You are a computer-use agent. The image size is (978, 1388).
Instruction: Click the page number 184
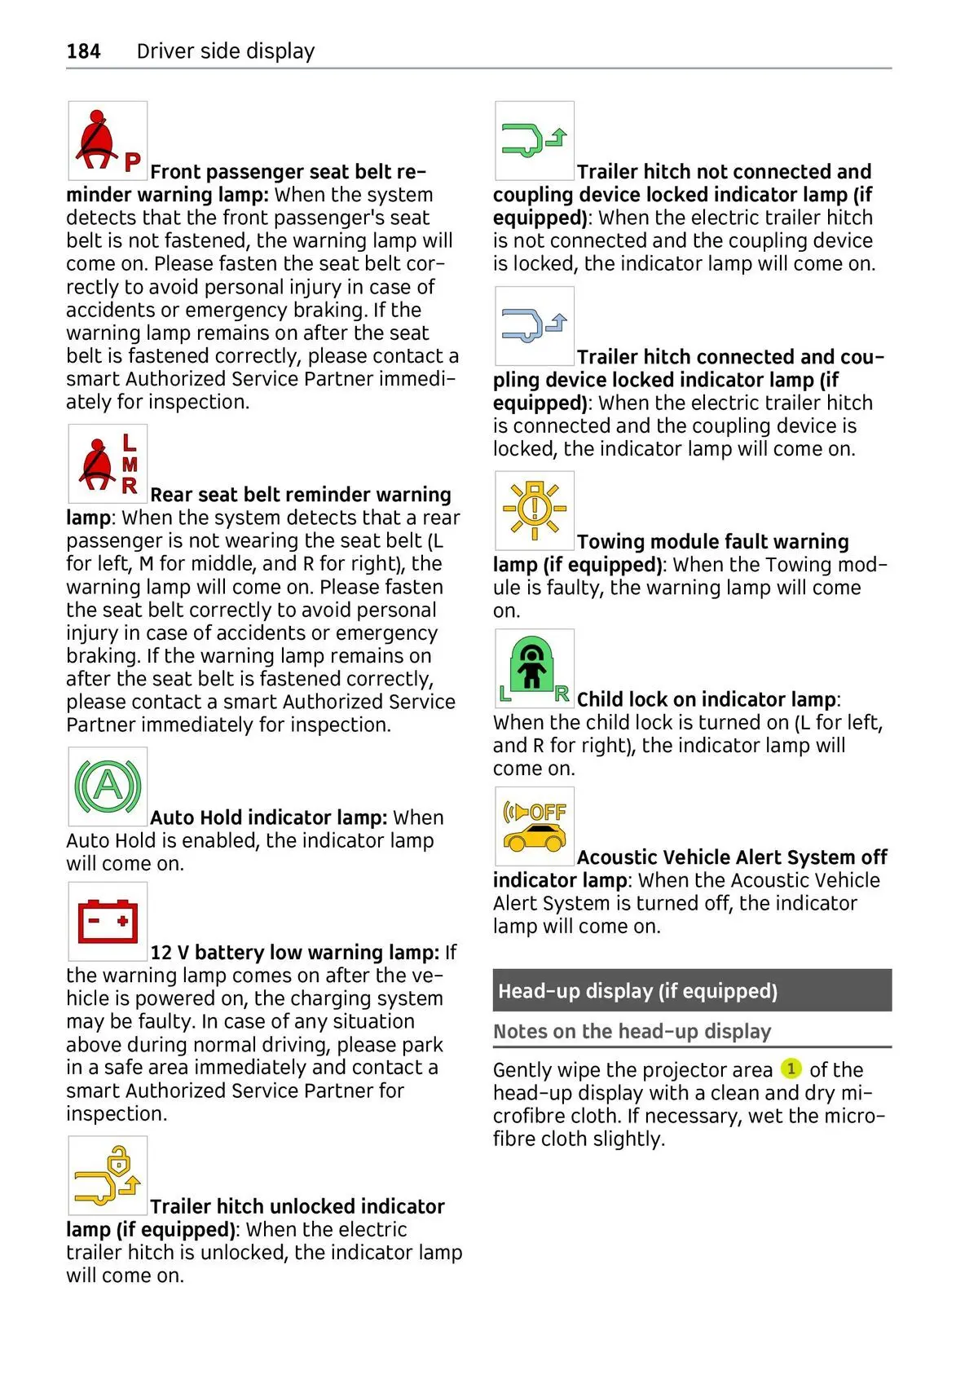pos(83,51)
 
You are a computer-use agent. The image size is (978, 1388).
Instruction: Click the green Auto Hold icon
pos(108,787)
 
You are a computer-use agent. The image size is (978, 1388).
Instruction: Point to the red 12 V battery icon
pos(108,921)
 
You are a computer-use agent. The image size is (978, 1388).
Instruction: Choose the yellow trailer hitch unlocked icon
pos(108,1175)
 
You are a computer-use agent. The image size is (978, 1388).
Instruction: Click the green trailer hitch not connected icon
pos(534,140)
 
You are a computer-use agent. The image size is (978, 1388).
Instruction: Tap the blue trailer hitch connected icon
pos(534,325)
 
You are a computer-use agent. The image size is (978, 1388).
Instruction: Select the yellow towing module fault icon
pos(534,510)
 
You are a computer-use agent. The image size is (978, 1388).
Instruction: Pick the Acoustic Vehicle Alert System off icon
pos(534,826)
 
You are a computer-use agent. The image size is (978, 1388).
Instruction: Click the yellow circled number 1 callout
pos(791,1069)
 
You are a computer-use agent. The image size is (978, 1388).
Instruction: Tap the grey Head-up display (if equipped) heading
pos(637,991)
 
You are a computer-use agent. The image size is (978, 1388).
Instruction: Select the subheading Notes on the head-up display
pos(632,1031)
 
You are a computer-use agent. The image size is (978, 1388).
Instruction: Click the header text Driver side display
pos(226,51)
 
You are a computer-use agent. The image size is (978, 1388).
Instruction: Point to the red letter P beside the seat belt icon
pos(132,162)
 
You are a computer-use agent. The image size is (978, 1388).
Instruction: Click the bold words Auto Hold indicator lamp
pos(268,817)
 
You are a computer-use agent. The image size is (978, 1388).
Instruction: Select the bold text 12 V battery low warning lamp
pos(294,952)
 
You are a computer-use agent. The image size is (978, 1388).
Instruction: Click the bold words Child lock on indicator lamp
pos(706,699)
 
